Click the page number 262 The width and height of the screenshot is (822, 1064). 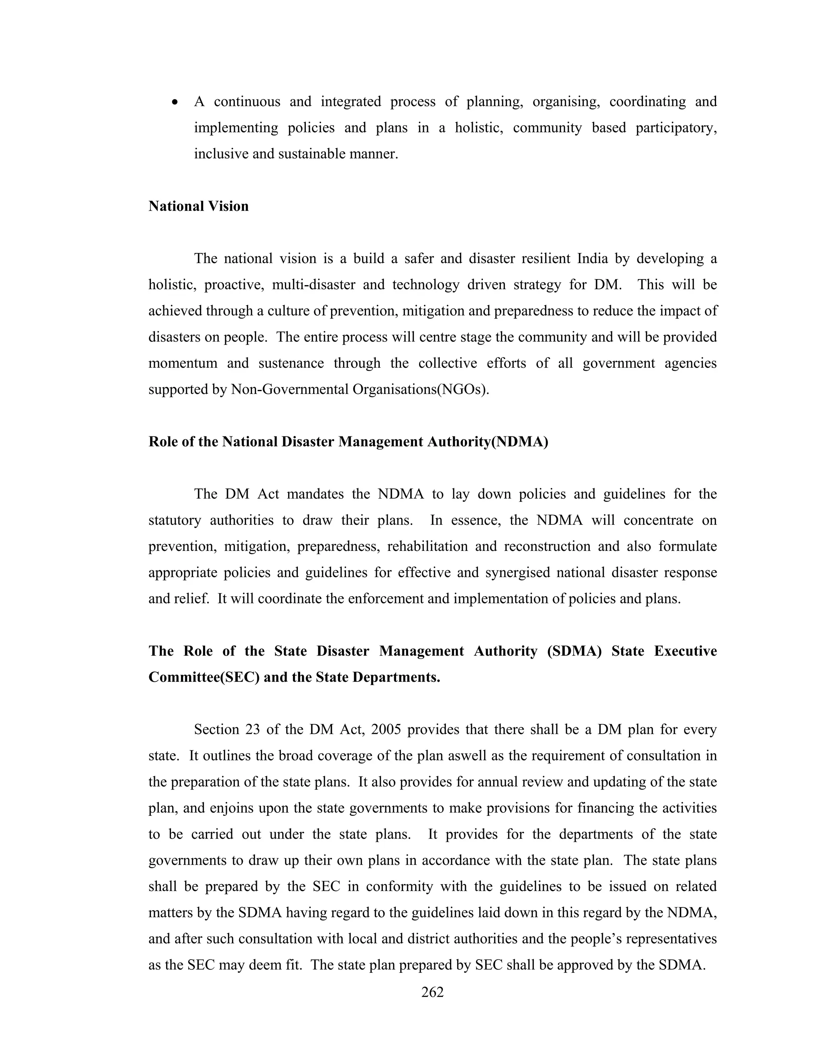[x=432, y=992]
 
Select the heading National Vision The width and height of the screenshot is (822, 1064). [x=198, y=206]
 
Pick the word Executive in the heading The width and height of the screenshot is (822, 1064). [x=685, y=651]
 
